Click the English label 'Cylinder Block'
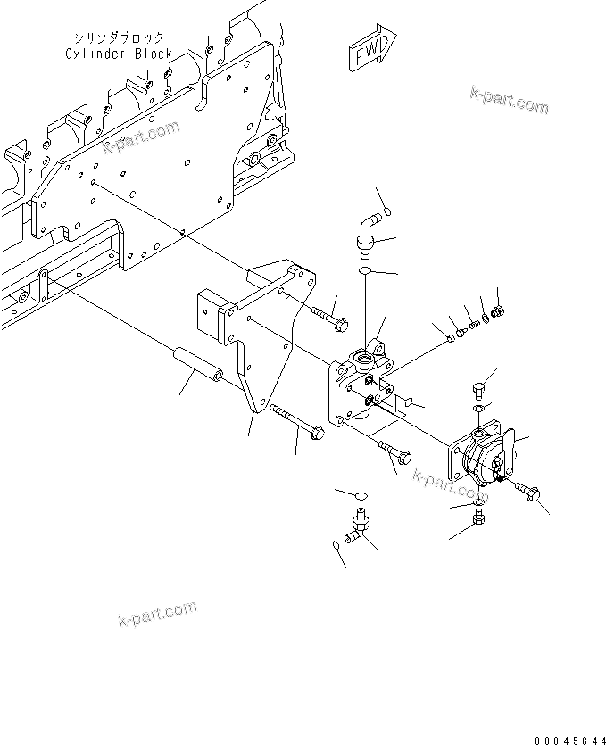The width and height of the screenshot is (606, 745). coord(119,54)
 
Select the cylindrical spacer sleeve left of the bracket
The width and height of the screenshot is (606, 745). coord(199,363)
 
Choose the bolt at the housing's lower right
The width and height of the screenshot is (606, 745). coord(395,454)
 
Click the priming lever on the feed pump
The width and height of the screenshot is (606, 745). coord(508,443)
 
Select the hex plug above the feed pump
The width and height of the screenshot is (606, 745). coord(478,389)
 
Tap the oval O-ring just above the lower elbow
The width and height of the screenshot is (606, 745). coord(361,494)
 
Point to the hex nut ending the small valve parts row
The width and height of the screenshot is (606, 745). coord(499,311)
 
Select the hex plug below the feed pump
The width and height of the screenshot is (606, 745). coord(479,517)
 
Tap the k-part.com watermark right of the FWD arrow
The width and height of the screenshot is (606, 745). coord(509,100)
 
